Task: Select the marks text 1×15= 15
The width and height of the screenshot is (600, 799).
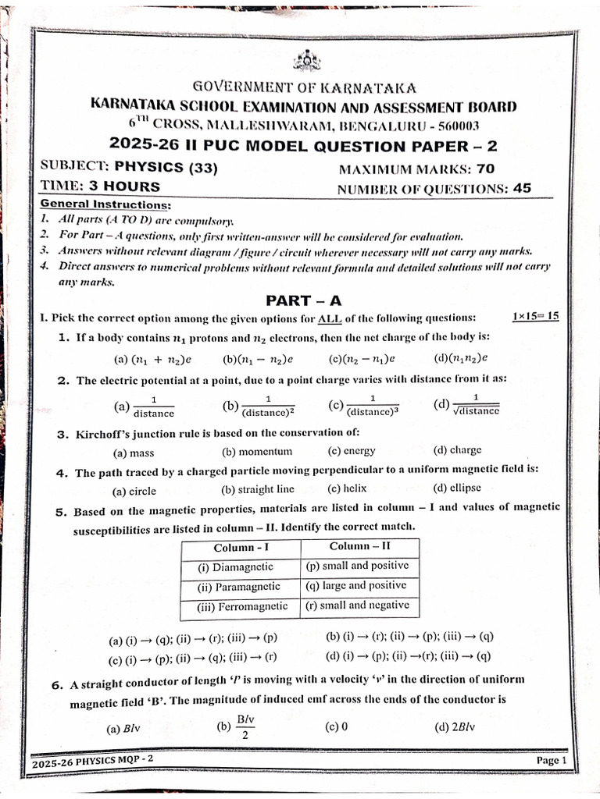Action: tap(535, 316)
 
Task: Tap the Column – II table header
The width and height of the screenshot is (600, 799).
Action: tap(359, 546)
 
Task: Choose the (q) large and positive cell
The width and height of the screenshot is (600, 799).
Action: tap(356, 585)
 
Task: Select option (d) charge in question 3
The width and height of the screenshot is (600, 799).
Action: tap(457, 450)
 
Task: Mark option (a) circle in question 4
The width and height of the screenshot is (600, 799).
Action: tap(134, 491)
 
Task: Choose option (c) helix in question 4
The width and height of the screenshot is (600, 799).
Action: tap(347, 489)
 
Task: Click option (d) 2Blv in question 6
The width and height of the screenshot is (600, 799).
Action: tap(455, 727)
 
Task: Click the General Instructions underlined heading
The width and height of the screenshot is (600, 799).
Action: tap(105, 204)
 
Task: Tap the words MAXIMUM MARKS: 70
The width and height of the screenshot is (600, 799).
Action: tap(416, 169)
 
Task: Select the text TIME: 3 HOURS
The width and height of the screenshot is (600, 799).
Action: tap(100, 186)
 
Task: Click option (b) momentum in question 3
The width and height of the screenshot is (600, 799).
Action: tap(257, 451)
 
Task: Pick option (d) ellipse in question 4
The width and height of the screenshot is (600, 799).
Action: tap(457, 488)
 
